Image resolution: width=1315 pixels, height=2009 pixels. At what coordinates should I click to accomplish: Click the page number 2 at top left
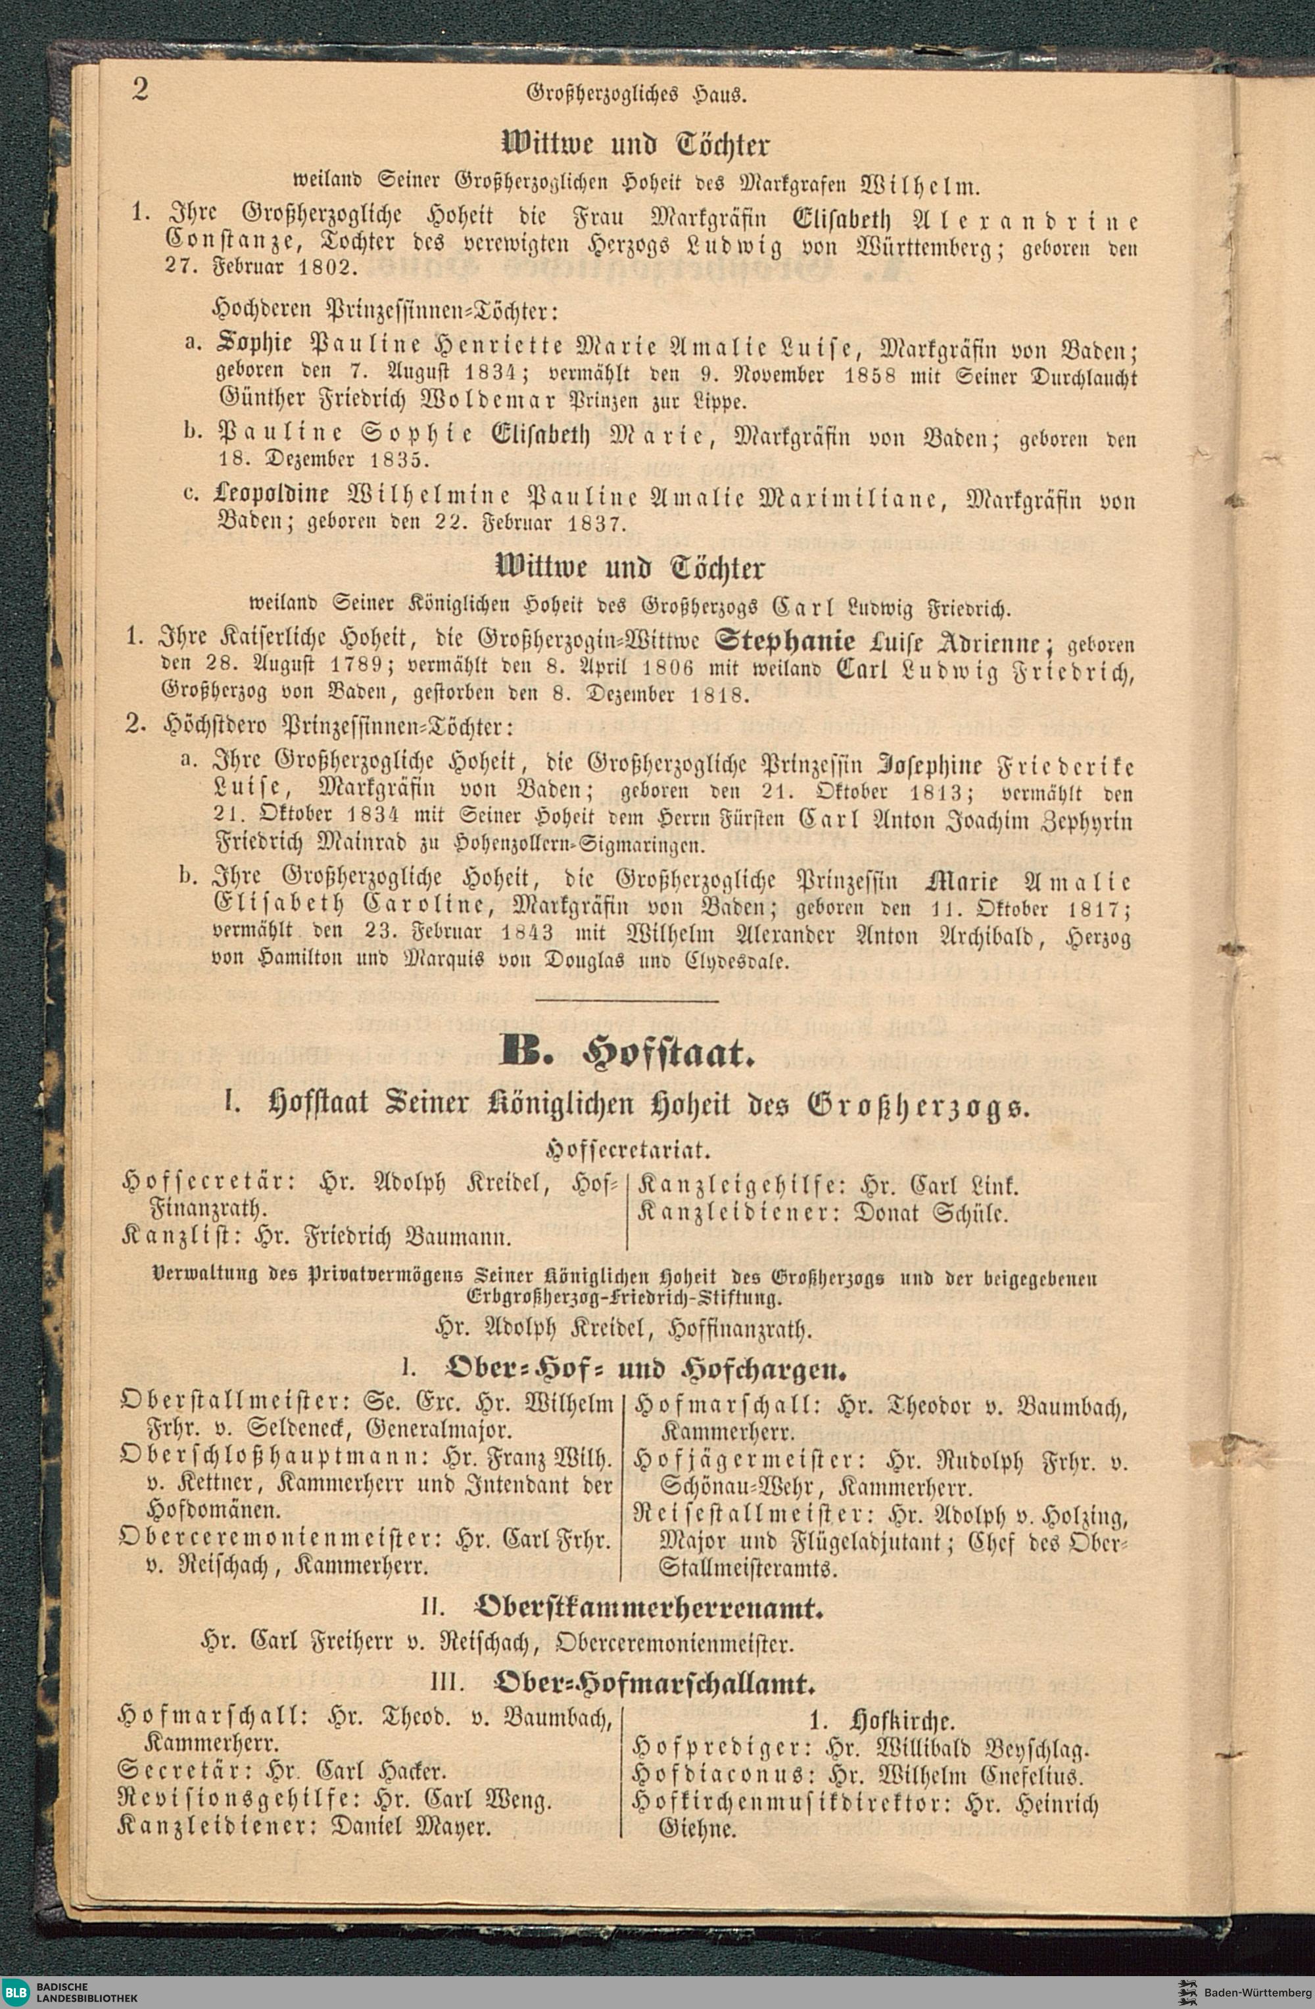(140, 90)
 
